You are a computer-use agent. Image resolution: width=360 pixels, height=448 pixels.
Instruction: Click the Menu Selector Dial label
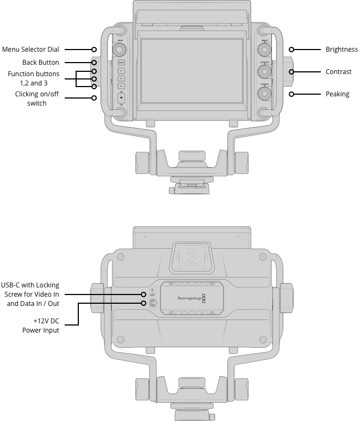point(30,50)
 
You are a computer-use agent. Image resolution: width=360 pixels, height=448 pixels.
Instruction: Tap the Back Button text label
point(41,63)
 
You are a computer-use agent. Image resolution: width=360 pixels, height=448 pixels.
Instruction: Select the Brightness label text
point(342,50)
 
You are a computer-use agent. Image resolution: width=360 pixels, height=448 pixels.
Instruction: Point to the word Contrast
point(338,72)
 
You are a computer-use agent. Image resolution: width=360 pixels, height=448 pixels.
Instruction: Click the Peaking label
point(337,94)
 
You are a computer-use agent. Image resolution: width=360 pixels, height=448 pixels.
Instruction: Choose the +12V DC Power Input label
point(46,326)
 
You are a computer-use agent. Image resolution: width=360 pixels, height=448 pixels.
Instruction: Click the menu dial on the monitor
point(121,50)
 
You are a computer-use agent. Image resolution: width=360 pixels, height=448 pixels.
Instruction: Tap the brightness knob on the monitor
point(265,50)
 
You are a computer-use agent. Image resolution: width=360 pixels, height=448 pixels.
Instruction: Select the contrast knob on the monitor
point(265,71)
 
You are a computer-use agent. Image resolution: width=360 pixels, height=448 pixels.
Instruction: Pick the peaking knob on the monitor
point(265,93)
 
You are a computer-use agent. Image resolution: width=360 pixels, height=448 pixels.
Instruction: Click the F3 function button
point(121,86)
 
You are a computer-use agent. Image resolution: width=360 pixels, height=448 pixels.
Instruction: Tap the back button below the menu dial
point(121,63)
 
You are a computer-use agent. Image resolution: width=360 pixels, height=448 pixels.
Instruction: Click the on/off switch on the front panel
point(121,99)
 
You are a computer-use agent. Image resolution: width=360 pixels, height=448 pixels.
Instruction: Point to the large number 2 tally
point(191,257)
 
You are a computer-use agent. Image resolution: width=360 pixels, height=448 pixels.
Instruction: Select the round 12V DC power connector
point(153,303)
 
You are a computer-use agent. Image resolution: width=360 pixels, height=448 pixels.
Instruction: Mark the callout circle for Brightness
point(291,50)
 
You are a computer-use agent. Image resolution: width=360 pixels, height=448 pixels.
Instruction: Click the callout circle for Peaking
point(291,94)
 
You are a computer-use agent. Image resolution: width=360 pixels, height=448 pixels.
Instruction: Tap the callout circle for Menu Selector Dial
point(94,50)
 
